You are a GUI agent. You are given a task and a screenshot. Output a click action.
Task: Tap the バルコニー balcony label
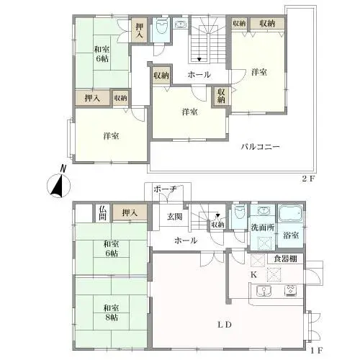[260, 146]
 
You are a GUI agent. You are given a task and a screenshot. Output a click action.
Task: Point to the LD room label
[224, 324]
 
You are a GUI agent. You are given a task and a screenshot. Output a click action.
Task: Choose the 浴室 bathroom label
[291, 235]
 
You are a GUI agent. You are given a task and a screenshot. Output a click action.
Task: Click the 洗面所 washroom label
[263, 228]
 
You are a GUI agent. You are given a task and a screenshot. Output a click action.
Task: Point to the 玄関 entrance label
[176, 217]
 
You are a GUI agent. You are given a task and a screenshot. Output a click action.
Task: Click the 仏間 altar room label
[103, 213]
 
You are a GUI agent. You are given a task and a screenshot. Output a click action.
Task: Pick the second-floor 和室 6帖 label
[101, 55]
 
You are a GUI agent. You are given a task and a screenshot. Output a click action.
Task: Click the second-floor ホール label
[199, 75]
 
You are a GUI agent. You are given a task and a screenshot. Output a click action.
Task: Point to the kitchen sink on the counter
[261, 291]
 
